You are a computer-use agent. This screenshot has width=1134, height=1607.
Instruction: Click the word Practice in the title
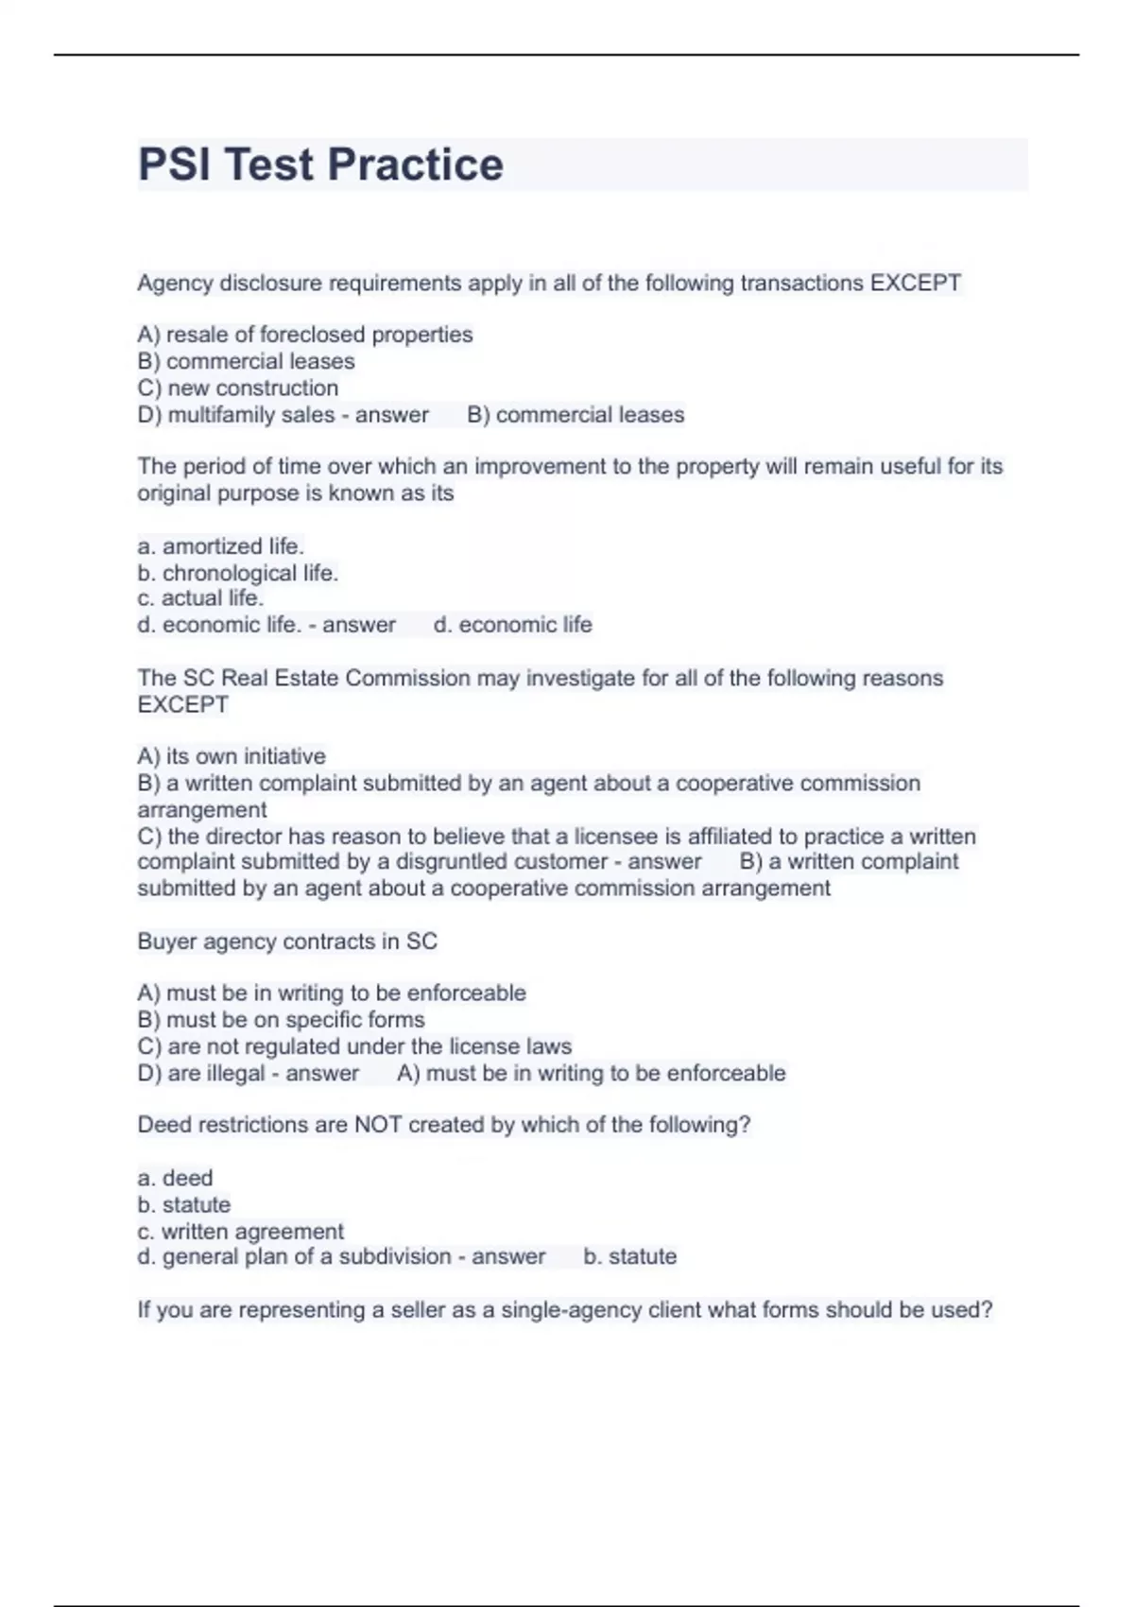coord(415,164)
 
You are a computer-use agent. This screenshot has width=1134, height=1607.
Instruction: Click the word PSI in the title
coord(178,164)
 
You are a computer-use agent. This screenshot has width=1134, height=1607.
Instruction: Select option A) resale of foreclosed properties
coord(304,335)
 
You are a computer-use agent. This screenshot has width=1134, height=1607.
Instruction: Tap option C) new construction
coord(237,388)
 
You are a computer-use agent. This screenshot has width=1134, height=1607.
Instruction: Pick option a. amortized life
coord(220,546)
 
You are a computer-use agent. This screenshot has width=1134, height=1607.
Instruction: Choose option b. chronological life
coord(237,573)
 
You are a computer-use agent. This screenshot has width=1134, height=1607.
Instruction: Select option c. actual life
coord(199,598)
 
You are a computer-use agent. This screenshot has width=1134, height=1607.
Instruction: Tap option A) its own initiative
coord(231,756)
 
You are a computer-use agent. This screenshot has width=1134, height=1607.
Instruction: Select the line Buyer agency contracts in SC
coord(287,942)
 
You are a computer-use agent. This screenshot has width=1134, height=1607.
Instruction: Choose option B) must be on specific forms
coord(281,1020)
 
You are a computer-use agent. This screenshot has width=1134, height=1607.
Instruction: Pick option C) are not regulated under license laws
coord(354,1046)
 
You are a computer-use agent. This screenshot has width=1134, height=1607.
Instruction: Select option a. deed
coord(175,1178)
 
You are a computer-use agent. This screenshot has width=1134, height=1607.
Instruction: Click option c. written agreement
coord(240,1232)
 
